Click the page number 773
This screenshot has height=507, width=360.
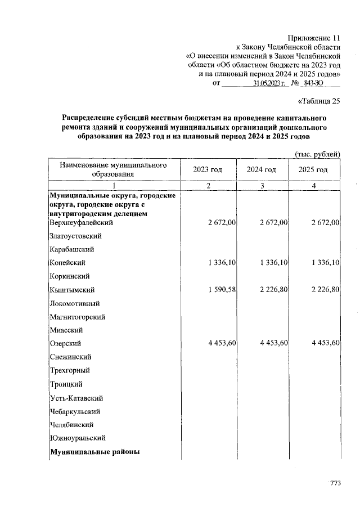tap(336, 482)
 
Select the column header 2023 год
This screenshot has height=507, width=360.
tap(208, 170)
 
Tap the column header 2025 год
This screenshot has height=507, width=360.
tap(313, 170)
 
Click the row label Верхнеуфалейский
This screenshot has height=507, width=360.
tap(82, 223)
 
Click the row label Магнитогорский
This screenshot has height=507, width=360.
tap(78, 317)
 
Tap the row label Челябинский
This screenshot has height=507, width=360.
tap(72, 425)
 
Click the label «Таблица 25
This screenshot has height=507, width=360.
tap(318, 102)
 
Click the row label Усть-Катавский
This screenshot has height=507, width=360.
tap(76, 398)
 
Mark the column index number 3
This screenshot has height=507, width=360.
tap(262, 186)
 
